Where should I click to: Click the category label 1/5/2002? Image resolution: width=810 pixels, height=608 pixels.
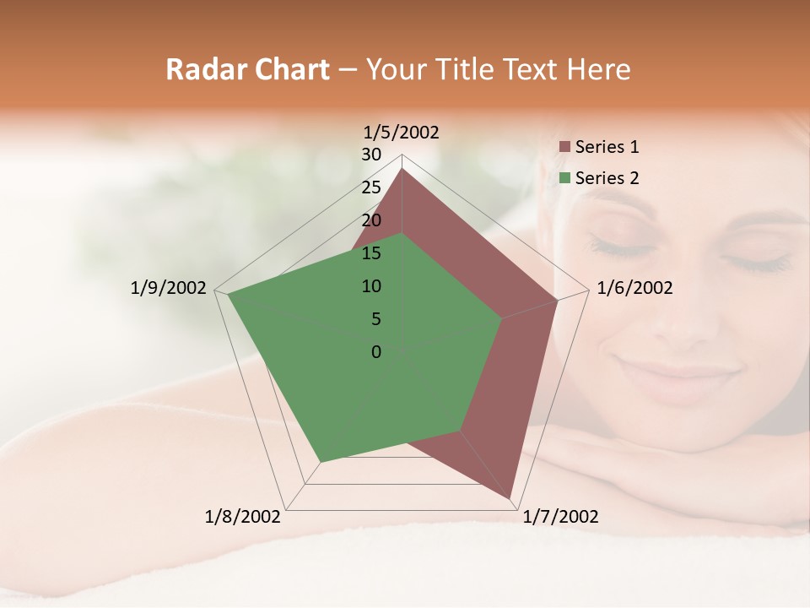click(x=402, y=133)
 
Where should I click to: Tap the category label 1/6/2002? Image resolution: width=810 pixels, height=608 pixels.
click(x=634, y=288)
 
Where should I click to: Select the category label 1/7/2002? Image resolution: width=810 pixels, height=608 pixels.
click(x=561, y=517)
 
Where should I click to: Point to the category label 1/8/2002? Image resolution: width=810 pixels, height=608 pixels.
click(x=243, y=517)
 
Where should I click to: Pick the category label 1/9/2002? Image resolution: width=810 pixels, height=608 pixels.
click(x=169, y=288)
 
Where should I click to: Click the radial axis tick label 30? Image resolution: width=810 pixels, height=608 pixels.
click(x=371, y=155)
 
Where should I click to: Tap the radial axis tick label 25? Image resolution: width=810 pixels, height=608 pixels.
click(x=371, y=187)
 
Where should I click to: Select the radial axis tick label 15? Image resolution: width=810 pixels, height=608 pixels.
click(x=371, y=253)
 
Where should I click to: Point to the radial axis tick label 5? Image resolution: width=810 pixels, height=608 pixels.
click(x=375, y=319)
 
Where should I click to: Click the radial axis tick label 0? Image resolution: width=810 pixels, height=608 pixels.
click(x=376, y=352)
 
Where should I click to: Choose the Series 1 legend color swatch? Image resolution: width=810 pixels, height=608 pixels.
click(x=564, y=148)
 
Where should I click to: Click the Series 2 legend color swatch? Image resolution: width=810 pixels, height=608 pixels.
click(x=564, y=178)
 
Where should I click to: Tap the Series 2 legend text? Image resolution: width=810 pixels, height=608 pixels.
click(x=607, y=178)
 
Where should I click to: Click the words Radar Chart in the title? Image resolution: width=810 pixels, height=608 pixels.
click(x=247, y=70)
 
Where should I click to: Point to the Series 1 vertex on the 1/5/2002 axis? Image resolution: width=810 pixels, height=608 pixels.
click(x=402, y=169)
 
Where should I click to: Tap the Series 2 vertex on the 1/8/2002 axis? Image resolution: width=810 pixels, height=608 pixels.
click(x=321, y=462)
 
